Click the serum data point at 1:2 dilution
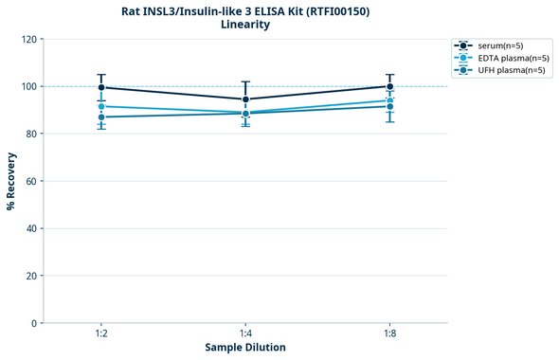coord(101,87)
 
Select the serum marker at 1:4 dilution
coord(245,99)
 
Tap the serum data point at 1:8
coord(389,86)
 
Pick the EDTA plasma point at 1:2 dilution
coord(101,106)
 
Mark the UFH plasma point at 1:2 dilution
coord(101,117)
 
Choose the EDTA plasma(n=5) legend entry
coord(499,58)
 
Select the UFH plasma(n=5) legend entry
coord(499,70)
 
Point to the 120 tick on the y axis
coord(28,39)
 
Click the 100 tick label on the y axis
coord(28,86)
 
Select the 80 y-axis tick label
coord(31,134)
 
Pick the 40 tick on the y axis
coord(31,228)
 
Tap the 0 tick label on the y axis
coord(34,323)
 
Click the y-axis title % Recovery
coord(11,181)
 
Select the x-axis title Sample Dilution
coord(245,348)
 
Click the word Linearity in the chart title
coord(245,25)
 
